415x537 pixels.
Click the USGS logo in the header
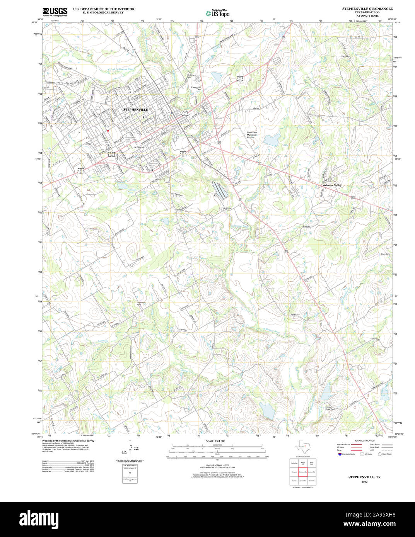55,12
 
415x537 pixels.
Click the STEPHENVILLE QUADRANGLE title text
367,8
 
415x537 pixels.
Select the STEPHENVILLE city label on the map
135,110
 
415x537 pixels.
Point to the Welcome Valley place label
332,185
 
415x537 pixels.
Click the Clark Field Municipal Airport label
252,135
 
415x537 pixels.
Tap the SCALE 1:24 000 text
215,441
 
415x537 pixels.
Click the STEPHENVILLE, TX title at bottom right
364,477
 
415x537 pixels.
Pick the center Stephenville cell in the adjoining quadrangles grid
302,472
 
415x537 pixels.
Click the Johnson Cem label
142,303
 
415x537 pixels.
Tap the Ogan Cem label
385,254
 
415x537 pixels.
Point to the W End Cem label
139,147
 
